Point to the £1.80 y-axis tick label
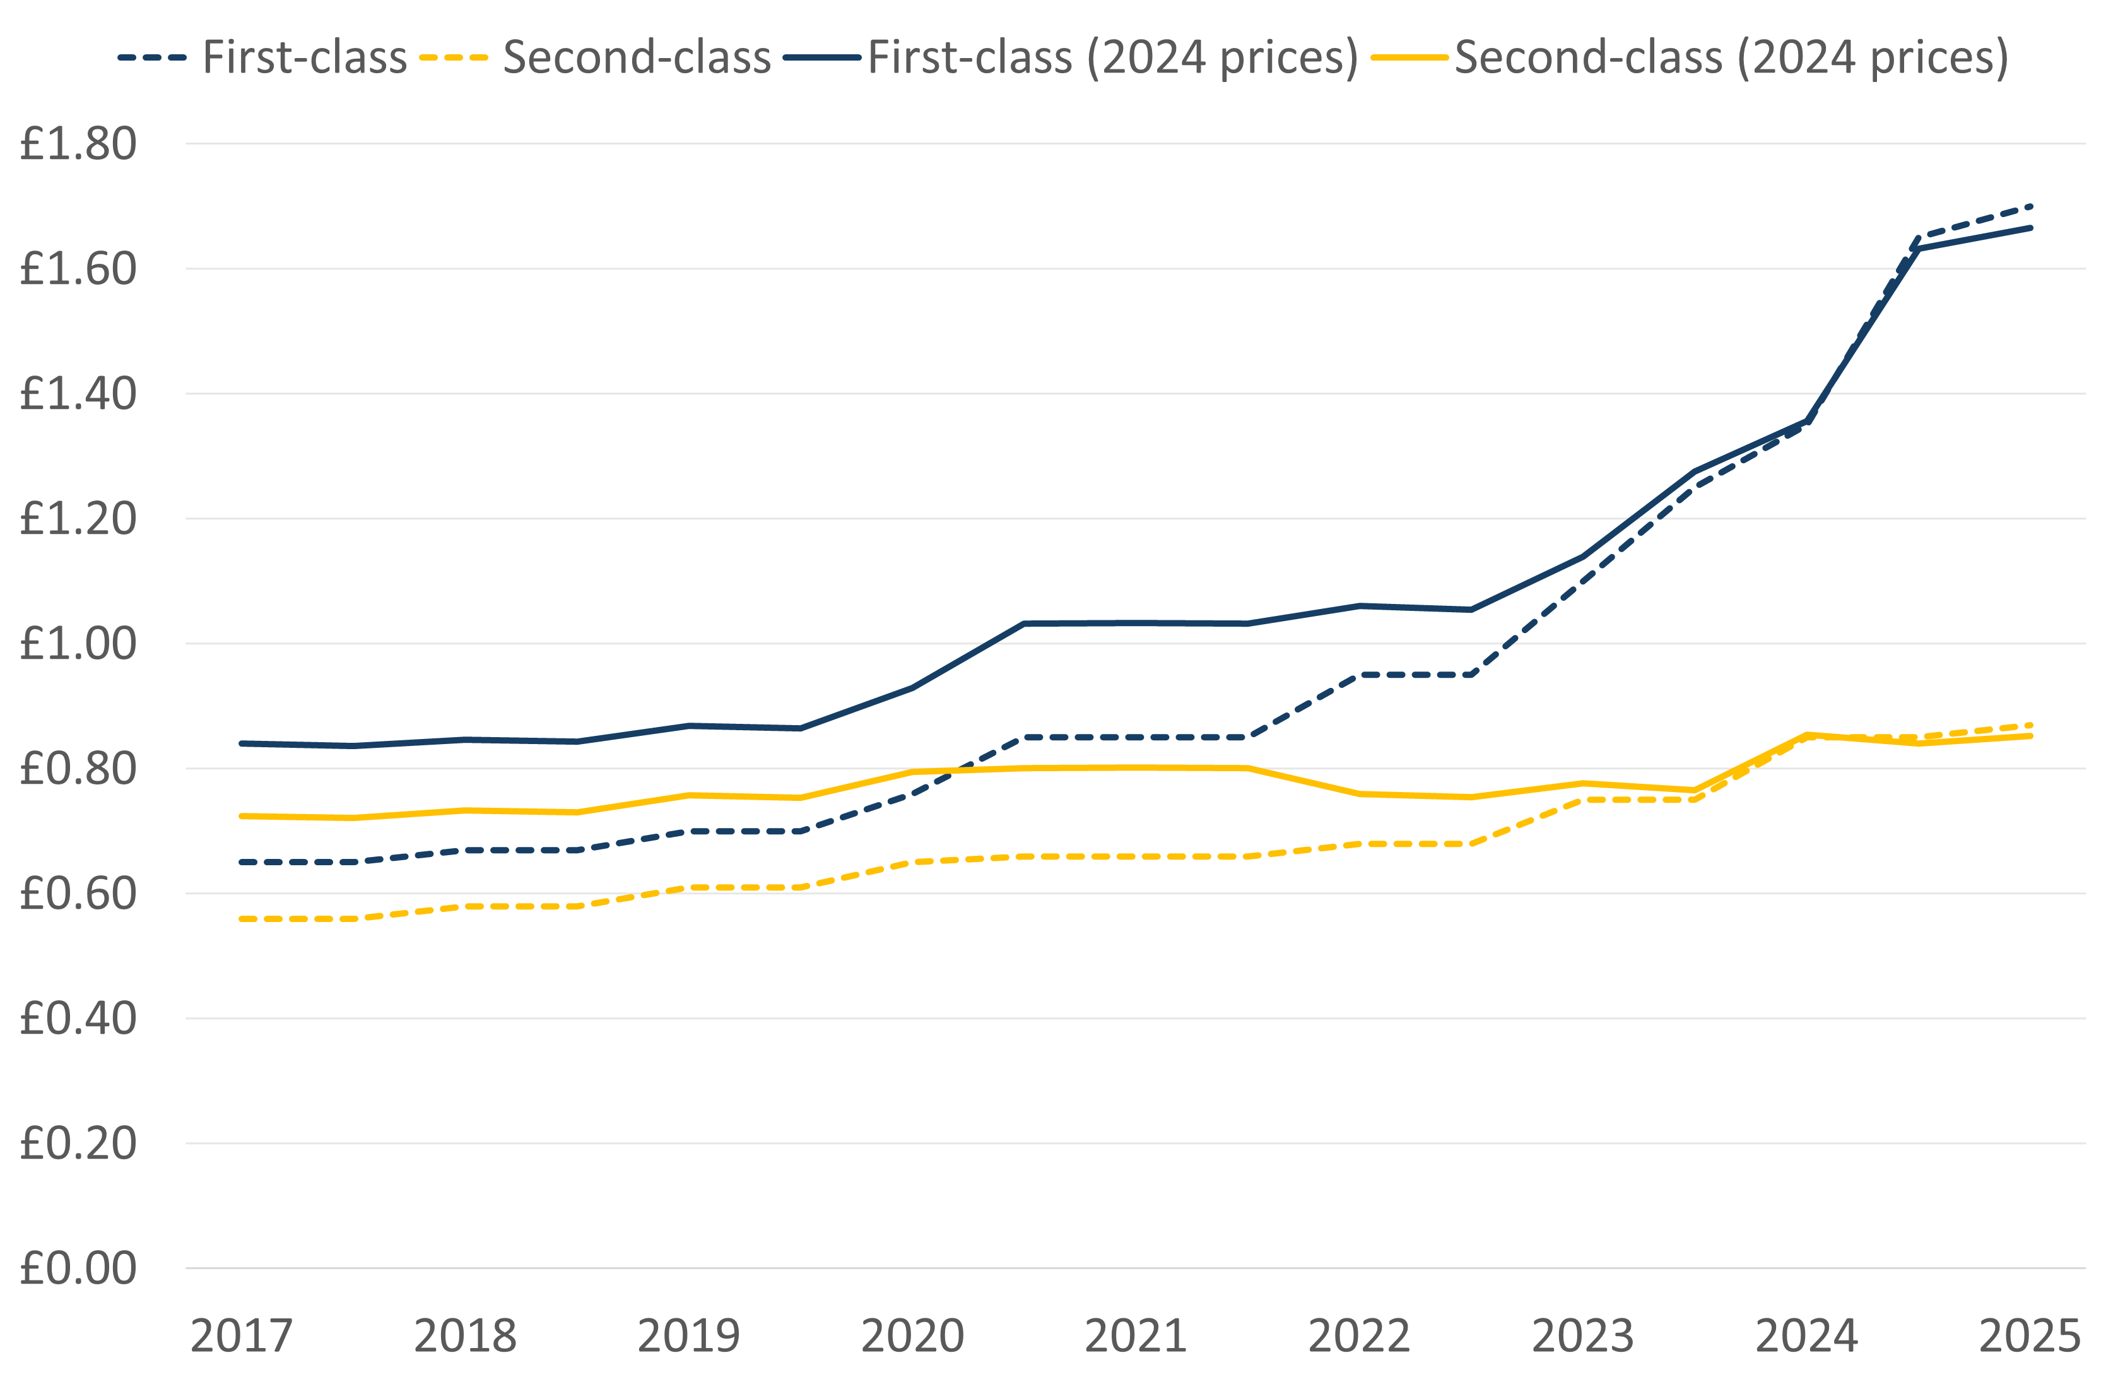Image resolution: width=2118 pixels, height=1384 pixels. click(x=78, y=144)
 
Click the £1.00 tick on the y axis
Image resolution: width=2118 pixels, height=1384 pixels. click(x=78, y=644)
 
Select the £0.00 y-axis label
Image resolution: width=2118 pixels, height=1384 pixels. click(x=78, y=1269)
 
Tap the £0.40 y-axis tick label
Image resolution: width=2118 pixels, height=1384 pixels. click(x=78, y=1018)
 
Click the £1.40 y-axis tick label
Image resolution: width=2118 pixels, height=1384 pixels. click(x=78, y=393)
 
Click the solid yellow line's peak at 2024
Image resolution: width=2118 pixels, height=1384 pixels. click(x=1806, y=735)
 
